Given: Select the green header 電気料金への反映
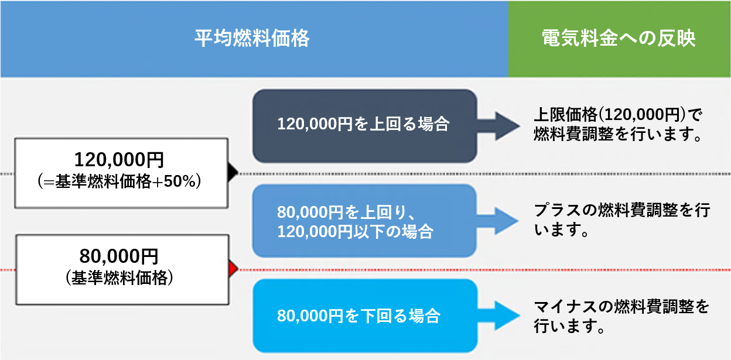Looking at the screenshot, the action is coord(619,39).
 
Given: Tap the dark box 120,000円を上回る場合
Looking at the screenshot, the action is coord(365,126).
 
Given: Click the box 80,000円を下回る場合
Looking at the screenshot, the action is coord(365,316).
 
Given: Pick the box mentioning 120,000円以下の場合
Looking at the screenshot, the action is coord(364,221).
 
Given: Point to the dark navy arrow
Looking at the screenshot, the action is coord(498,126).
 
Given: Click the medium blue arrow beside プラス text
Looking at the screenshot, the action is coord(498,221).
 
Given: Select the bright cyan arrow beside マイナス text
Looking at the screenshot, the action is coord(498,316).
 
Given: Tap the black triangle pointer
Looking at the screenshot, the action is coord(233,172).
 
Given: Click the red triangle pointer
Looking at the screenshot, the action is coord(233,269).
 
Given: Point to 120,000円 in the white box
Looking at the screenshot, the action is coord(119,159).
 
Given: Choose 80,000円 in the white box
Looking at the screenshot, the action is coord(119,256).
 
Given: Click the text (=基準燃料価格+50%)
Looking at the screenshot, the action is coord(119,181).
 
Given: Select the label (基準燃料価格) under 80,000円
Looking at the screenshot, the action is coord(119,278).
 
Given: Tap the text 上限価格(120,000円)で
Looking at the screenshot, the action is coord(617,115).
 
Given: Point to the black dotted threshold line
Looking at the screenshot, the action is coord(365,174).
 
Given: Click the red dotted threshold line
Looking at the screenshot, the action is coord(365,270).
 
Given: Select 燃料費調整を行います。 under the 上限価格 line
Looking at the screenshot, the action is coord(618,134).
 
